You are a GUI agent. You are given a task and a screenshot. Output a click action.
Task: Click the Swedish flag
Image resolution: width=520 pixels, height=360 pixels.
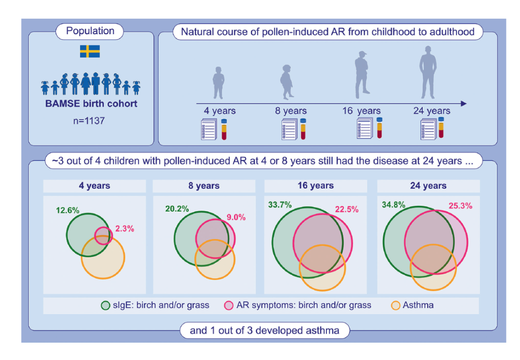(90, 52)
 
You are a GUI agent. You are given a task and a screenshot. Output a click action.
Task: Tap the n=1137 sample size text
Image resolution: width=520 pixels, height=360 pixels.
(89, 120)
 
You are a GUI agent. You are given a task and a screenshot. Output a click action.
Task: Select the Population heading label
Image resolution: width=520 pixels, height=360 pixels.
(90, 31)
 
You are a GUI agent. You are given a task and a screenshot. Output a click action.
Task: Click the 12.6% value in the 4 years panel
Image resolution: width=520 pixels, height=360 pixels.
(68, 210)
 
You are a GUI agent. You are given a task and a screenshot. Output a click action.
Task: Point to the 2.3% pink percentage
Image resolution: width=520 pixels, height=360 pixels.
(125, 228)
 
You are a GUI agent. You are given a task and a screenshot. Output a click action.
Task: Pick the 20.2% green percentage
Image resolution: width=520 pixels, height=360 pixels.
(177, 209)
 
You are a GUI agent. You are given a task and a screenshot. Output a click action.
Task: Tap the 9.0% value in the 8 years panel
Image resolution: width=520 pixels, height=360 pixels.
(236, 217)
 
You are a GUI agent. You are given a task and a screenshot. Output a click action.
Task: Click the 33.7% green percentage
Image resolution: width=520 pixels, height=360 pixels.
(280, 205)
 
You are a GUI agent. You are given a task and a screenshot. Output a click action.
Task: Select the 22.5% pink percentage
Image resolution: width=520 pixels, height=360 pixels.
(347, 209)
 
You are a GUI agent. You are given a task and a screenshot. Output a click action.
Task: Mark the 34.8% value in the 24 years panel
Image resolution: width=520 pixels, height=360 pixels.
(394, 205)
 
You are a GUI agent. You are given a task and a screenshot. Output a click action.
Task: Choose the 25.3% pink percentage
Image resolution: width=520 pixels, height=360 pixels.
(461, 206)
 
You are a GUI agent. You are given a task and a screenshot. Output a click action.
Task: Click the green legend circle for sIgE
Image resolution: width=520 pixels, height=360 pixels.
(105, 306)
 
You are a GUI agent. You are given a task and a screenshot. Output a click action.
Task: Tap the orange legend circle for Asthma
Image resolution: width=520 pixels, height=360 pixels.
(396, 306)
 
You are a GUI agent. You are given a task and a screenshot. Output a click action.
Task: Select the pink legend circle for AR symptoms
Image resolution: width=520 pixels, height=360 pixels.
(229, 306)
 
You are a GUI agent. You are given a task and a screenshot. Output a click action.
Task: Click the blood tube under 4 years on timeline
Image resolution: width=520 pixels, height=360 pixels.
(224, 130)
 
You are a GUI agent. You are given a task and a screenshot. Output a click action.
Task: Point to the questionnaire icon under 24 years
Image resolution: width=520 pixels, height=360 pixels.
(429, 130)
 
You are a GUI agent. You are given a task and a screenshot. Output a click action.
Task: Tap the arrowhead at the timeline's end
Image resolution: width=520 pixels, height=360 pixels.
(464, 104)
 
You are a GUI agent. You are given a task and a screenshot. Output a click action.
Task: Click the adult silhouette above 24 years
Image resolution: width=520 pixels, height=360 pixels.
(428, 72)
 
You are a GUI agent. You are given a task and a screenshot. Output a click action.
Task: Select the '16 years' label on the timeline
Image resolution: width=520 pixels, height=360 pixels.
(362, 111)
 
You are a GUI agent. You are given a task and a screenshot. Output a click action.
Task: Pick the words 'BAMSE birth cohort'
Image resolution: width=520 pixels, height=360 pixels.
(91, 104)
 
